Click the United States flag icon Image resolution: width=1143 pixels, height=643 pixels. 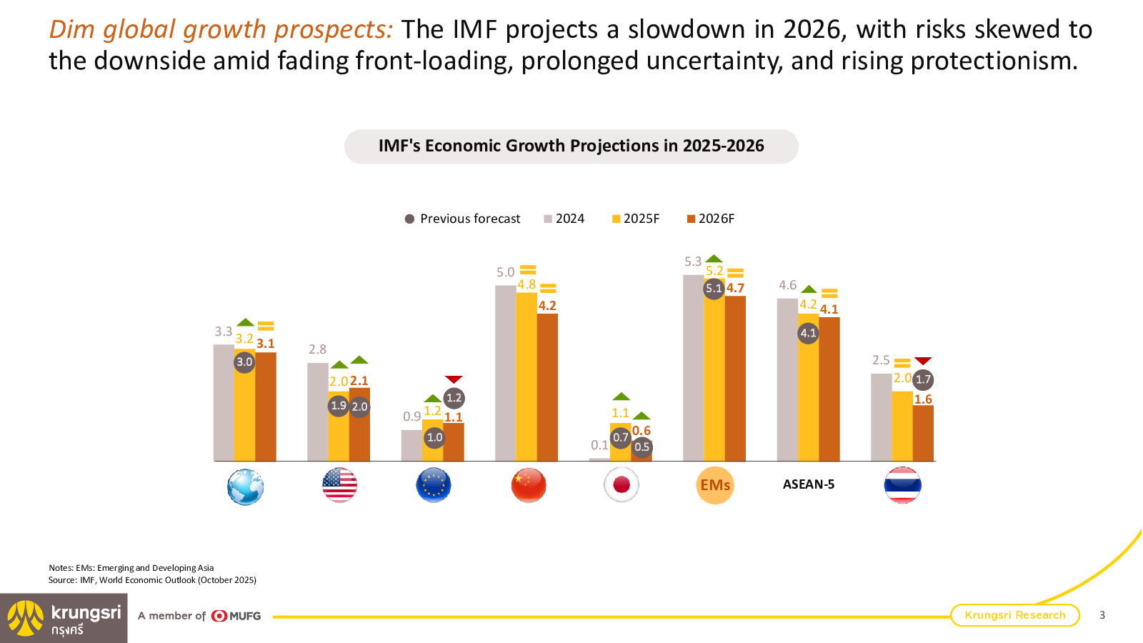pos(339,485)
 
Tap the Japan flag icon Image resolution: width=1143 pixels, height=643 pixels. pos(622,485)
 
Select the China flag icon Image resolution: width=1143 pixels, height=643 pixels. pos(529,485)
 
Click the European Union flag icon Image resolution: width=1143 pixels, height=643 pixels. pos(434,485)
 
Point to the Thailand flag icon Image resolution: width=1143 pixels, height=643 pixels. pos(903,485)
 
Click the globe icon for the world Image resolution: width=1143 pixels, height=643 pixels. pos(245,487)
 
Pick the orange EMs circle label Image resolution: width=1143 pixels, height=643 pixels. pos(715,485)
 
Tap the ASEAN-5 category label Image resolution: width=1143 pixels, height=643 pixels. pos(809,484)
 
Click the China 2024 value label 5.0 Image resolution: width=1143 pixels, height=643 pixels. pos(505,272)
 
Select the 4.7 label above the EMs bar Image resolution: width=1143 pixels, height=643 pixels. pos(735,288)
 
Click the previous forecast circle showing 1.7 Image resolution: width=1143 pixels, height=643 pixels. pos(923,379)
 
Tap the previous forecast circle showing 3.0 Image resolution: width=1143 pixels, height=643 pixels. pos(244,362)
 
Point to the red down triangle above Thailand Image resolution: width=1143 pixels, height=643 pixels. pos(923,361)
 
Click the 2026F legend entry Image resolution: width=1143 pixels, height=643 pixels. pos(711,219)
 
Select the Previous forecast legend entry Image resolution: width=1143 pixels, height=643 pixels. pos(463,219)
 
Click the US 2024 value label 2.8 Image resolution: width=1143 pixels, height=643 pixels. pos(317,349)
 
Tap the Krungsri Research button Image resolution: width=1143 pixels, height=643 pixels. pos(1014,615)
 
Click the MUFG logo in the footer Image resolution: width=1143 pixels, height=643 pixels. pos(236,616)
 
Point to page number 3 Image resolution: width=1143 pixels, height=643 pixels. pos(1102,615)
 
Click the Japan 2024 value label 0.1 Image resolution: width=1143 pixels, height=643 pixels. pos(599,445)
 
